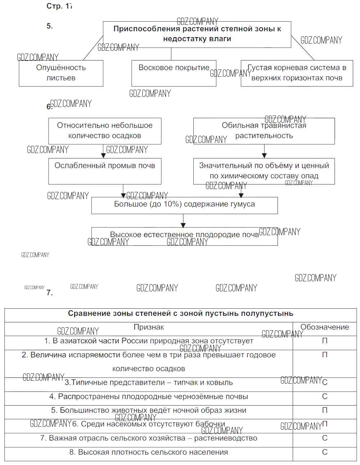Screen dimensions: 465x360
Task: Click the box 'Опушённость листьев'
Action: [x=61, y=73]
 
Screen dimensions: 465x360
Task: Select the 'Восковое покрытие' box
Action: [x=174, y=73]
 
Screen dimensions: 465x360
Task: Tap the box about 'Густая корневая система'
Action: [x=297, y=73]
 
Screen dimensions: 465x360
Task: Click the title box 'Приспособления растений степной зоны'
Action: [x=197, y=34]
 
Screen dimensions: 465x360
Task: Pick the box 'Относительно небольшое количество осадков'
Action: [x=105, y=131]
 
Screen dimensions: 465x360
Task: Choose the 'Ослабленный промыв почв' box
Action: [x=105, y=171]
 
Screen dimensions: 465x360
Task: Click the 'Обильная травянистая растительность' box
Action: [x=264, y=131]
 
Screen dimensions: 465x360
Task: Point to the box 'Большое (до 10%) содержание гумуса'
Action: [x=184, y=205]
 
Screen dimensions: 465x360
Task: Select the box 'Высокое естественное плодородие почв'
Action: [x=184, y=236]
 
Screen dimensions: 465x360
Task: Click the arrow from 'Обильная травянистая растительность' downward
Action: [x=264, y=151]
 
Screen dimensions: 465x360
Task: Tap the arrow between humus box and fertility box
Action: [x=183, y=220]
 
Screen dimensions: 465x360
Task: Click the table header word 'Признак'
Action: [x=149, y=327]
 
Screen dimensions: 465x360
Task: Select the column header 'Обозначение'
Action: [x=325, y=327]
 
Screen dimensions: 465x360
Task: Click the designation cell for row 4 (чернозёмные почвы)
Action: [x=325, y=397]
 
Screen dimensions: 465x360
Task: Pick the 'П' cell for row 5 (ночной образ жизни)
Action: [x=325, y=410]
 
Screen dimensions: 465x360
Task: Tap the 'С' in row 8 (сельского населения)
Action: [x=325, y=452]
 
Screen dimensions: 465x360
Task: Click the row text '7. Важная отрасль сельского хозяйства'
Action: [x=149, y=438]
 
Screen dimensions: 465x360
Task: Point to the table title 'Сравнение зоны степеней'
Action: [x=180, y=313]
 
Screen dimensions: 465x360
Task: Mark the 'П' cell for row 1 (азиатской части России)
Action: [x=325, y=341]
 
